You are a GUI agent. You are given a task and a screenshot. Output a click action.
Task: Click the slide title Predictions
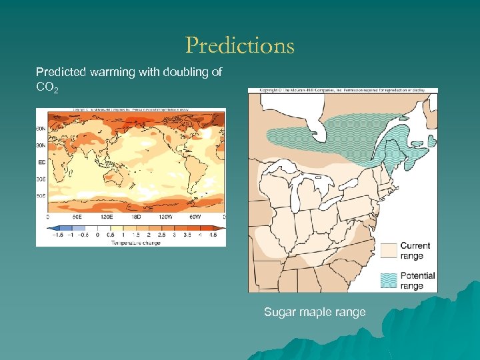[x=239, y=45]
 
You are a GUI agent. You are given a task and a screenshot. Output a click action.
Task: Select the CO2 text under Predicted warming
[x=47, y=87]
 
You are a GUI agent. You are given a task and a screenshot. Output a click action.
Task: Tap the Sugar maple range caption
[x=315, y=312]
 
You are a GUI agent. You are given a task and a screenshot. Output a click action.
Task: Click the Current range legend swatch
[x=388, y=250]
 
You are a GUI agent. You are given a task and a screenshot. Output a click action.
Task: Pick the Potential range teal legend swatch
[x=388, y=279]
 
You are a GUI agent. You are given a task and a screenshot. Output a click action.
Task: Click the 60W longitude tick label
[x=194, y=217]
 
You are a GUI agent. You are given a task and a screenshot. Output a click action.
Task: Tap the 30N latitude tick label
[x=41, y=145]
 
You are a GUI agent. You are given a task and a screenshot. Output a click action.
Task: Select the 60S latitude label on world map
[x=41, y=196]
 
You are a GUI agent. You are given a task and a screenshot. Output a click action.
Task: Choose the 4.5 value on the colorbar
[x=213, y=235]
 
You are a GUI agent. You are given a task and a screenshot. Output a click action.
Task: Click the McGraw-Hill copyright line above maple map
[x=342, y=90]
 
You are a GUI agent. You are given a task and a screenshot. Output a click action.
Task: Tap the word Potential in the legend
[x=417, y=275]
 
